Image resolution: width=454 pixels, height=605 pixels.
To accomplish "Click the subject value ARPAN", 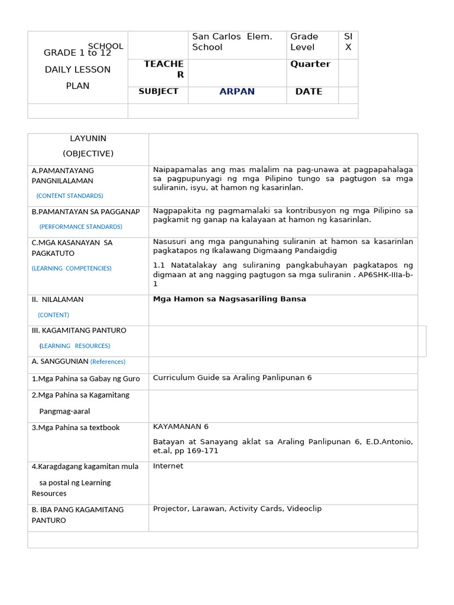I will pos(237,92).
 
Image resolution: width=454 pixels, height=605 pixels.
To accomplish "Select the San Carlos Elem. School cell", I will pos(232,42).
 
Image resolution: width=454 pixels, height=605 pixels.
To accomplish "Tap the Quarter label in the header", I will pos(310,64).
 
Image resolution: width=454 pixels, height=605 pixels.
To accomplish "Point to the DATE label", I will pos(309,92).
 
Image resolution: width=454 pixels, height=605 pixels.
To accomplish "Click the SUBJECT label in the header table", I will pos(158,92).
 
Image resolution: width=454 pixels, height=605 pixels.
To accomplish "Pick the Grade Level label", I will pos(304,42).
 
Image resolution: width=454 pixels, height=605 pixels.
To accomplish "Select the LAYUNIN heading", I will pos(88,138).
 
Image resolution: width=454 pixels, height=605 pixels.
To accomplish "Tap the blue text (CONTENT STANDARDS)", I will pos(70,196).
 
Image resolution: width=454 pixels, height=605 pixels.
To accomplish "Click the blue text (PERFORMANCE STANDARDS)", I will pos(81,226).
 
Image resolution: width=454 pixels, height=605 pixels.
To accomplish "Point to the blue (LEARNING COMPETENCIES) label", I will pos(72,268).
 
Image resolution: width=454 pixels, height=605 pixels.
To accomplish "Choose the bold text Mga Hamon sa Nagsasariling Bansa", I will pos(229,299).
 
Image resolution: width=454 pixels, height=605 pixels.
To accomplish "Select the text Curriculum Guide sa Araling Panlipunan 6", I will pos(232,378).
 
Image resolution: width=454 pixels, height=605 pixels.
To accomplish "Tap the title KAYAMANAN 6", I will pos(180,427).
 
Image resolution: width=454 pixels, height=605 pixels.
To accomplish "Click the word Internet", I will pos(168,466).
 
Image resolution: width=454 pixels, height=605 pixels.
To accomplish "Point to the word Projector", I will pos(170,509).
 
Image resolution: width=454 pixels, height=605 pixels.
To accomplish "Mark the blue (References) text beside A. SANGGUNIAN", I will pos(108,362).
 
